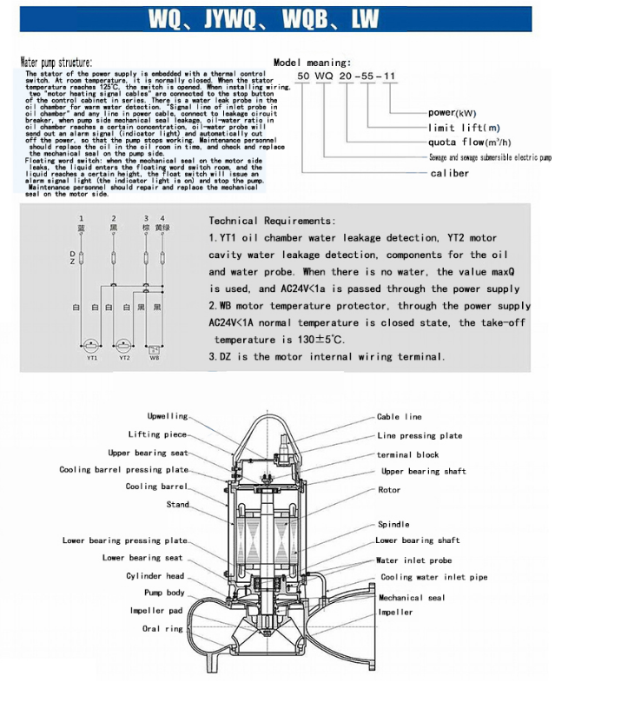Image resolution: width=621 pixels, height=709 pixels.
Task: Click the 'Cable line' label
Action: [399, 417]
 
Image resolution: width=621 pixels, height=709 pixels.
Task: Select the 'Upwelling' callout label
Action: [167, 416]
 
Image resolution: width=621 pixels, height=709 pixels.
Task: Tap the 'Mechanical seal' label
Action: [412, 598]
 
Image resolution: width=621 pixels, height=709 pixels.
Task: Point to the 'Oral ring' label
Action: [163, 628]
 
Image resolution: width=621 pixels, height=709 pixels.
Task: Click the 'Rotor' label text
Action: [389, 490]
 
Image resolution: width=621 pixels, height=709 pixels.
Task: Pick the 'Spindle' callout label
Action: [393, 525]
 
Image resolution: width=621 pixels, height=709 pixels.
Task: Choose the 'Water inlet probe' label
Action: [413, 560]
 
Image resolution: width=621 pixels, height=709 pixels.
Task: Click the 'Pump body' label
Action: [165, 593]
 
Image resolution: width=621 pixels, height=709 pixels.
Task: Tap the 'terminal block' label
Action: [407, 454]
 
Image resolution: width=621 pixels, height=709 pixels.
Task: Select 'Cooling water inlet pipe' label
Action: [433, 577]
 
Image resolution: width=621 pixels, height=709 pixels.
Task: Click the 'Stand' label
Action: [177, 504]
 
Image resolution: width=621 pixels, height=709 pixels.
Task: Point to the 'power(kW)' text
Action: [453, 113]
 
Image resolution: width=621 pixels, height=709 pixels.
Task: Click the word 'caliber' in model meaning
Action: [449, 173]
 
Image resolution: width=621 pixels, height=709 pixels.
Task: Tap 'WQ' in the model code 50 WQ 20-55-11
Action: [325, 76]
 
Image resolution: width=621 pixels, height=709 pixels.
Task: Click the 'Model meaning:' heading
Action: [312, 63]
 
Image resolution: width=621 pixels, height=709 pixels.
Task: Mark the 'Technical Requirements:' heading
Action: [272, 222]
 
